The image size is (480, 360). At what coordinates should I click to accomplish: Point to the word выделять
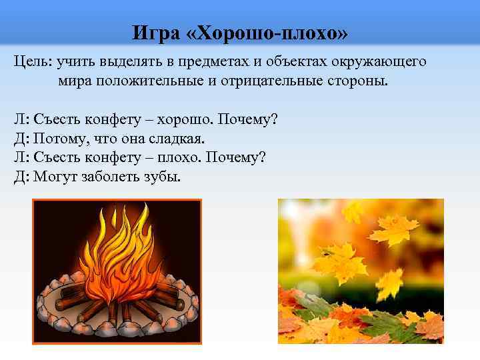point(127,62)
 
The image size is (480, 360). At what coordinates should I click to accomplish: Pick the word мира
point(73,81)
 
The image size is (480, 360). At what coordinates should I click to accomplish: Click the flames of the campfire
point(119,260)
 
